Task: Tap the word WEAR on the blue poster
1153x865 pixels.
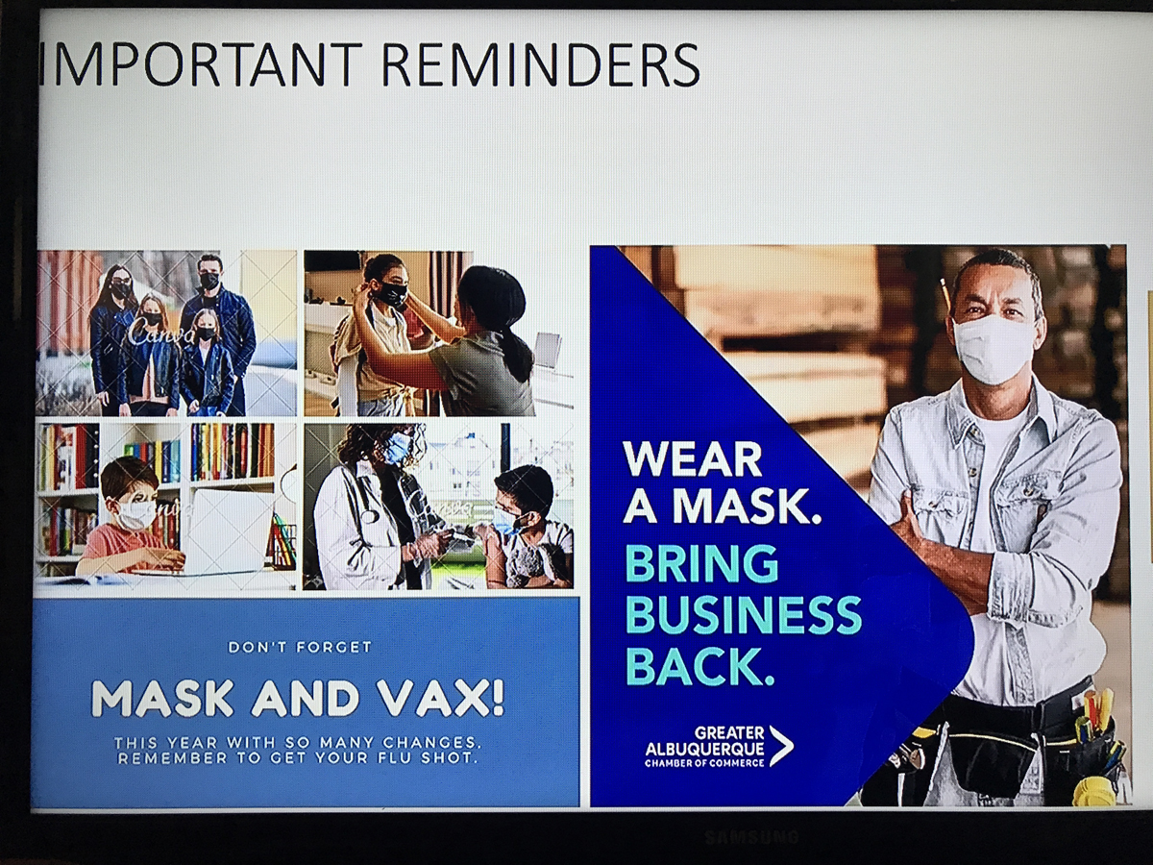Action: [692, 459]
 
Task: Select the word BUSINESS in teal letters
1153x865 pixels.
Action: [744, 615]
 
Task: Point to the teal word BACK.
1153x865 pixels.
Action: [700, 666]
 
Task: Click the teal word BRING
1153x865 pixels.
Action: [701, 563]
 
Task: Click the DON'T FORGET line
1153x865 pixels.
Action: [300, 647]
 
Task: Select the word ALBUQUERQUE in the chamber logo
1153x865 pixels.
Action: [704, 748]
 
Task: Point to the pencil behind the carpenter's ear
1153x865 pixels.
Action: [946, 294]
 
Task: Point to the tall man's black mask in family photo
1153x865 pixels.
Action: [209, 281]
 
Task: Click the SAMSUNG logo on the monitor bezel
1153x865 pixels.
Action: [750, 835]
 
